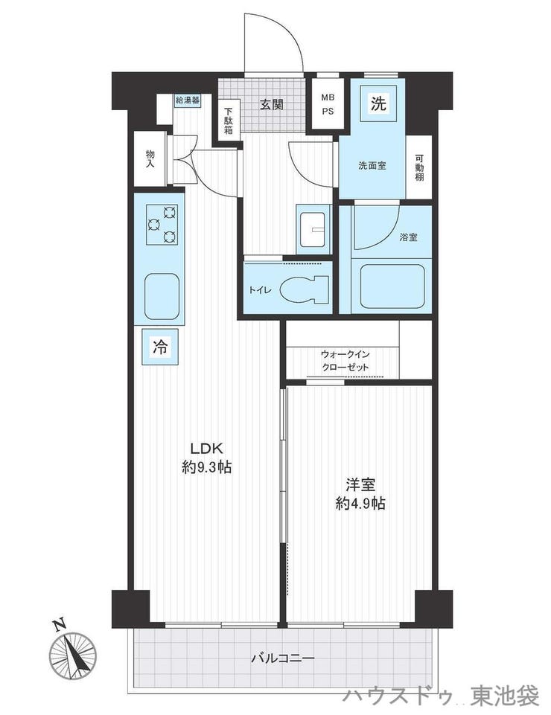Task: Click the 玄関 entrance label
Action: tap(272, 104)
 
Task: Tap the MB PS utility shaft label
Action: tap(328, 104)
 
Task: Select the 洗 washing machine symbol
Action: tap(378, 104)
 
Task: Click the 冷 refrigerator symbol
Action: tap(159, 347)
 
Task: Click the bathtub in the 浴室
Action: tap(392, 286)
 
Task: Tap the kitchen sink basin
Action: tap(162, 296)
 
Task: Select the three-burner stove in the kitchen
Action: tap(162, 225)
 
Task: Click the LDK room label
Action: tap(206, 448)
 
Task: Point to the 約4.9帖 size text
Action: tap(360, 504)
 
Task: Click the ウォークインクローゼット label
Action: tap(345, 361)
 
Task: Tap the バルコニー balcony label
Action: tap(283, 658)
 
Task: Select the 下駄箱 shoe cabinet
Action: tap(229, 121)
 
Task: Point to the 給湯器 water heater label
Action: tap(188, 100)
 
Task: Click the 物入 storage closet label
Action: tap(150, 158)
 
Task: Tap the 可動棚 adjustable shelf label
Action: tap(419, 167)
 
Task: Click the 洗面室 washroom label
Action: tap(372, 165)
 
